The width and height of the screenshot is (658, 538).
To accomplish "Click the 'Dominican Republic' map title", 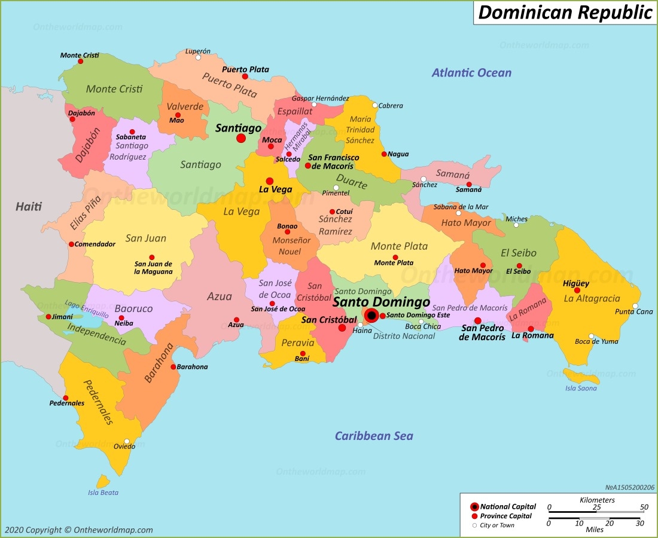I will [x=565, y=13].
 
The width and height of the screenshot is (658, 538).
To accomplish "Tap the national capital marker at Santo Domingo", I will [x=371, y=315].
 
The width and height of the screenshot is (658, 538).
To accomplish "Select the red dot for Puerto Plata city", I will [x=245, y=77].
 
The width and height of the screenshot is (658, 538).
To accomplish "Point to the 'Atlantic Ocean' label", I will [x=471, y=73].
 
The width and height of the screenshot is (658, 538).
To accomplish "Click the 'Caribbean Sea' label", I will [x=373, y=436].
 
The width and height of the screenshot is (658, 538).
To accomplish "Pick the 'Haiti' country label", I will [x=29, y=207].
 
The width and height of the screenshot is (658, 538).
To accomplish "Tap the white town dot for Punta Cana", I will [x=636, y=306].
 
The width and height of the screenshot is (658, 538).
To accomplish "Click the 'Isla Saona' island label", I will [x=581, y=389].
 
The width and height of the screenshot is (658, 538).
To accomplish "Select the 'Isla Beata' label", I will [x=103, y=493].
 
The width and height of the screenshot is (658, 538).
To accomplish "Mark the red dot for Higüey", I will [x=577, y=291].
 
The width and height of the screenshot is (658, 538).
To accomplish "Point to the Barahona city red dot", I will [x=173, y=367].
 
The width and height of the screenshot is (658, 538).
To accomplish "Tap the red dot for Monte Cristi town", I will [x=80, y=61].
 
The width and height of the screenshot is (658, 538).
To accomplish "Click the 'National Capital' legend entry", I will [x=508, y=507].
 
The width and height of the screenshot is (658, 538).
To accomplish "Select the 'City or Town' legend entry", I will [x=496, y=525].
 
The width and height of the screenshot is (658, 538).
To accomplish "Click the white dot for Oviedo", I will [x=126, y=442].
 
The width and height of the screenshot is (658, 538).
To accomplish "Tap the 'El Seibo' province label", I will [x=519, y=252].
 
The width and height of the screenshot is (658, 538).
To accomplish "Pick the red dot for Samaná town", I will [x=469, y=184].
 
